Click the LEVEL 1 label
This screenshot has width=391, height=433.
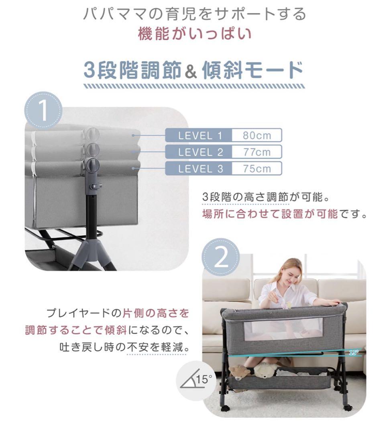point(200,136)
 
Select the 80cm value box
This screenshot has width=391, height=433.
point(257,136)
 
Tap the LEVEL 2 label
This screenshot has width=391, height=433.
point(200,152)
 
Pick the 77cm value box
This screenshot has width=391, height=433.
point(257,152)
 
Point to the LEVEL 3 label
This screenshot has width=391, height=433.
point(200,168)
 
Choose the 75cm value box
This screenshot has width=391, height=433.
point(257,168)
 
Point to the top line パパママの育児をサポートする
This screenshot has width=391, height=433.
point(195,14)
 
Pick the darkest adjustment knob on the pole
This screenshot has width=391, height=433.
point(93,164)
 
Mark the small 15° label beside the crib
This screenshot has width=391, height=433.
point(353,353)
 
